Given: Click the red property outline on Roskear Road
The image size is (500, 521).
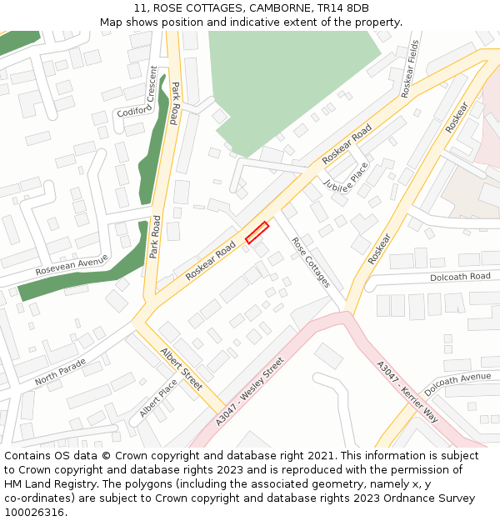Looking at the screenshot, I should coord(257,233).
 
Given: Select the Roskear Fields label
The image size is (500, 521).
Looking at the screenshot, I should coord(410,68).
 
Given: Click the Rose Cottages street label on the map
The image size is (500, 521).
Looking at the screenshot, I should coord(310,262).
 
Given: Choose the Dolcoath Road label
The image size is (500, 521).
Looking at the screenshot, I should coord(460,277).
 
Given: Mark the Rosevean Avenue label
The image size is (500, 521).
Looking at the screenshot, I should coord(72,266).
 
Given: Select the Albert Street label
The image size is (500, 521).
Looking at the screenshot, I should coord(181,368).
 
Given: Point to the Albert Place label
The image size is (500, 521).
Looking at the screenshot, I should coord(158,398).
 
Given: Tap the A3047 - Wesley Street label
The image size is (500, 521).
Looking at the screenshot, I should coord(250,391).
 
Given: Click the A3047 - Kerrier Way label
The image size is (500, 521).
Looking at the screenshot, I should coord(407,391).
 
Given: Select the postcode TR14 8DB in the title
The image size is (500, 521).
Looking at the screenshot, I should coord(342,8).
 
